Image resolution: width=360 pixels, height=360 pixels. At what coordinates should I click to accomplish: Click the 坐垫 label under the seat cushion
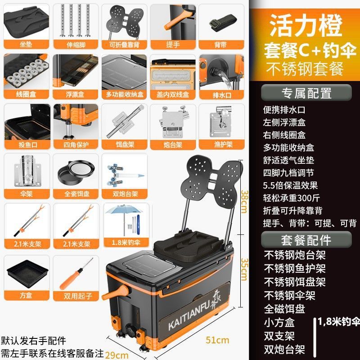[x=26, y=45]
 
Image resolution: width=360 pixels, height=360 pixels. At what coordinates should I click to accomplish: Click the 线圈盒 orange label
[x=26, y=94]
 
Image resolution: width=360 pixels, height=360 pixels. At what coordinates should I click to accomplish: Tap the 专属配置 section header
[x=306, y=93]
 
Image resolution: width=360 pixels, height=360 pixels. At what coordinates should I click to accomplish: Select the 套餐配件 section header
[x=306, y=239]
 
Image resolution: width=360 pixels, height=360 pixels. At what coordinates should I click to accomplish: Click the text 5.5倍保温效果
[x=291, y=185]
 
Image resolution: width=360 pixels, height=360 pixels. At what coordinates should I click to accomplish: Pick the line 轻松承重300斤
[x=291, y=198]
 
